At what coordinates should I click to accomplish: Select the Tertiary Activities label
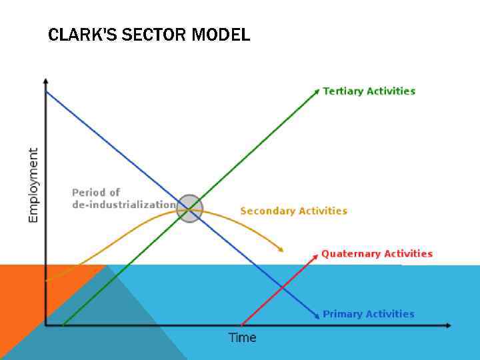[369, 91]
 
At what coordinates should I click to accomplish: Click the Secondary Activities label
[293, 211]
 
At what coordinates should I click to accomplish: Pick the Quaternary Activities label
[377, 254]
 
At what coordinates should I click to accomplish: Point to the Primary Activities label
[368, 314]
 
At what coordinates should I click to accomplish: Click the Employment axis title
[33, 185]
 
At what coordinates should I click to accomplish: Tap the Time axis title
[242, 338]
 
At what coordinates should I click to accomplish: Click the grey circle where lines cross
[190, 208]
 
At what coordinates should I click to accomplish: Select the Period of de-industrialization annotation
[124, 199]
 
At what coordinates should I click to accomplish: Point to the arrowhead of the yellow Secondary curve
[281, 250]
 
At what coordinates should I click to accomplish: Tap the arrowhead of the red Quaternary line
[315, 254]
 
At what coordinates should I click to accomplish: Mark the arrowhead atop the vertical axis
[45, 81]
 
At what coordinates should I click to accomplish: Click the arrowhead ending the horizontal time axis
[448, 325]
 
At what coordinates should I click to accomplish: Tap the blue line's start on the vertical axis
[46, 91]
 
